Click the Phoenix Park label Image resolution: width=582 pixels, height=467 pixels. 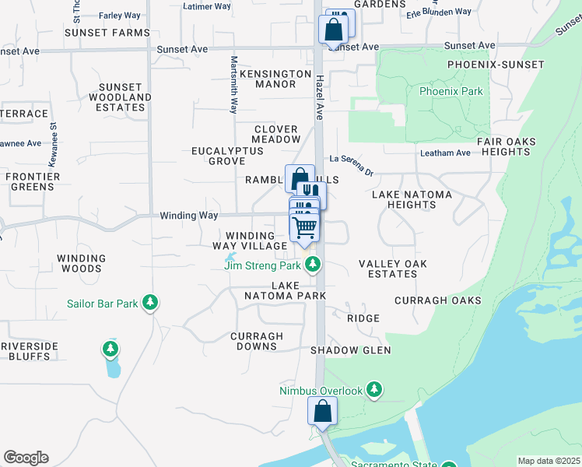click(451, 91)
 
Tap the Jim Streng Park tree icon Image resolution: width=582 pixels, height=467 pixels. click(313, 265)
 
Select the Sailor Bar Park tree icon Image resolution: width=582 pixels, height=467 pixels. click(150, 303)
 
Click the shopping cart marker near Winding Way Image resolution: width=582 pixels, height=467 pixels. click(304, 227)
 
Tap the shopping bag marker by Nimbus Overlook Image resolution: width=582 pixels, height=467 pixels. click(322, 411)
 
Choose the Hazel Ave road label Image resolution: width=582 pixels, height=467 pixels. click(319, 97)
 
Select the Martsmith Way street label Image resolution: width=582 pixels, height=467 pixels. click(233, 85)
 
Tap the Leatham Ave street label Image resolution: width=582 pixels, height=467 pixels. click(445, 153)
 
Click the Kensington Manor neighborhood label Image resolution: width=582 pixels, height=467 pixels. click(275, 79)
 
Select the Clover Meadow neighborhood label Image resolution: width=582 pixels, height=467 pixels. click(275, 134)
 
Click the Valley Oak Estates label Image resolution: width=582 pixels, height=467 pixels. click(393, 269)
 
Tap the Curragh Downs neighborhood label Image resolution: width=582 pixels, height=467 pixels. click(257, 341)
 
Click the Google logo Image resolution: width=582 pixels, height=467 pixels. click(26, 457)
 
